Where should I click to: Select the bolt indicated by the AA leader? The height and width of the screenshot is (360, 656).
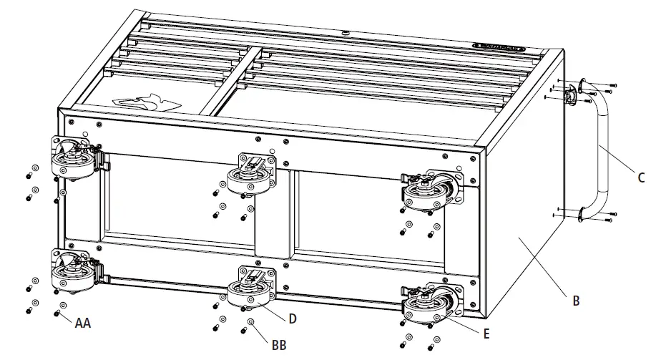click(57, 313)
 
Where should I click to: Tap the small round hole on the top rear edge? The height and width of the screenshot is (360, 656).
click(345, 31)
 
